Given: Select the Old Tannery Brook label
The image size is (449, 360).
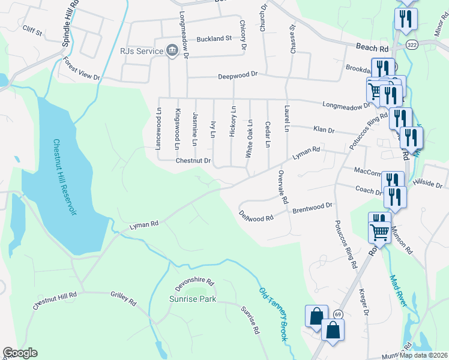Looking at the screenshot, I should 273,314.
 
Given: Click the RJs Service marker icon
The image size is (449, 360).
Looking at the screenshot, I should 172,51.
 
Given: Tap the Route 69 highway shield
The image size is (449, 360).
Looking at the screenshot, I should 338,314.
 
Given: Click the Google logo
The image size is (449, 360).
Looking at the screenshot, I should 20,353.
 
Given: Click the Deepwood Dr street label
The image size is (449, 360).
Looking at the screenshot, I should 237,74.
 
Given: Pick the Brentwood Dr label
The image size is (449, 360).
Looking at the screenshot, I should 312,208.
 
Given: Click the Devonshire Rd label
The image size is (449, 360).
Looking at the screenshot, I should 194,280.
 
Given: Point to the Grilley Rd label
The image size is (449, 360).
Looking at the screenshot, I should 124,298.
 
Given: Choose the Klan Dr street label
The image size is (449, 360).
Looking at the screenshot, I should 323,130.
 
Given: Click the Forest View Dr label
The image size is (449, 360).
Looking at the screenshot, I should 81,69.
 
